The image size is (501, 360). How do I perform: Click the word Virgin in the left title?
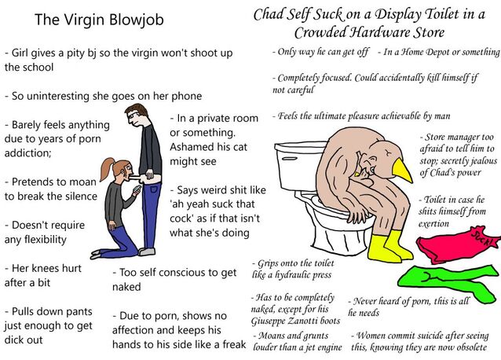(83, 20)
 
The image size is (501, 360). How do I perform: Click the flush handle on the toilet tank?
(290, 159)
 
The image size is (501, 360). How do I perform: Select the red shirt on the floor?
(457, 245)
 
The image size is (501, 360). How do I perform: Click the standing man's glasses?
(132, 115)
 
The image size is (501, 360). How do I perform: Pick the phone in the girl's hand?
(137, 189)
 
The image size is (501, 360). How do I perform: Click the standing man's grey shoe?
(147, 252)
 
